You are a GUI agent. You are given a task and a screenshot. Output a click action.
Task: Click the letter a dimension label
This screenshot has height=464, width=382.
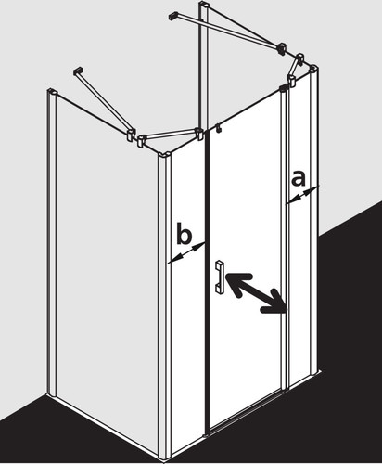coord(298,178)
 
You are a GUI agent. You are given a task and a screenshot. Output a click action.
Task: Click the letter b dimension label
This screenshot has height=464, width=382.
coord(184,233)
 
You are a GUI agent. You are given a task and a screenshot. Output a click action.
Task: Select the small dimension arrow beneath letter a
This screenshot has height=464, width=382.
coord(302,195)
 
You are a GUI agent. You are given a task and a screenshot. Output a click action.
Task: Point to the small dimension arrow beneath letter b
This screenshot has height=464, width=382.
coord(186,253)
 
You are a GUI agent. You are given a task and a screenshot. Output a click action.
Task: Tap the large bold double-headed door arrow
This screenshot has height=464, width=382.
coord(256,293)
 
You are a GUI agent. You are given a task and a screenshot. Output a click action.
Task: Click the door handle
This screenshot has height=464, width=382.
coord(220,277)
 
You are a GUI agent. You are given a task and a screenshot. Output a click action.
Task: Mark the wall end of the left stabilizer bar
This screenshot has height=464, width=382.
coord(78,71)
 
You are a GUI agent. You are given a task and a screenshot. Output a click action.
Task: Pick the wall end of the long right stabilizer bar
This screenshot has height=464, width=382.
coord(174,15)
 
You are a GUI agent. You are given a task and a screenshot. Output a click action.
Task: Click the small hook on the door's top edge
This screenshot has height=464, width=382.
coord(218,128)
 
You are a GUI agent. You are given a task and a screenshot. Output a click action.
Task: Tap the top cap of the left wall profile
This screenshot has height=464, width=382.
coord(52,91)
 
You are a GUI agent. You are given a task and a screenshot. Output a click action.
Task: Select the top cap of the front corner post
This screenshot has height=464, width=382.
coord(164,155)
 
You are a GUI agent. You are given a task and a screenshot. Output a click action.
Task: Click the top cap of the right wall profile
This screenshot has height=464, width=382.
coord(314,68)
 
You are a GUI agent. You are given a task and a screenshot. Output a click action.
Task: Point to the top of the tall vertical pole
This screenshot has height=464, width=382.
coord(205,5)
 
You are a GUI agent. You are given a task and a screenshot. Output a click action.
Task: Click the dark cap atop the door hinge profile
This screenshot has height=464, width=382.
coord(283,88)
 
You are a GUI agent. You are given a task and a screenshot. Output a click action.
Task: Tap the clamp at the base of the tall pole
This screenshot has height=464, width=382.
coord(200,135)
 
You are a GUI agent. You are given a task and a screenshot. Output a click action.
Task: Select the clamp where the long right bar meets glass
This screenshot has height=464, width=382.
coord(282,48)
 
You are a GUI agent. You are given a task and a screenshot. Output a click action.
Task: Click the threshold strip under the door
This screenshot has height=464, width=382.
coord(244,418)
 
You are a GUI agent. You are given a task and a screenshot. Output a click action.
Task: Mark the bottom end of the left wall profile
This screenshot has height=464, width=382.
coord(52,394)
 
